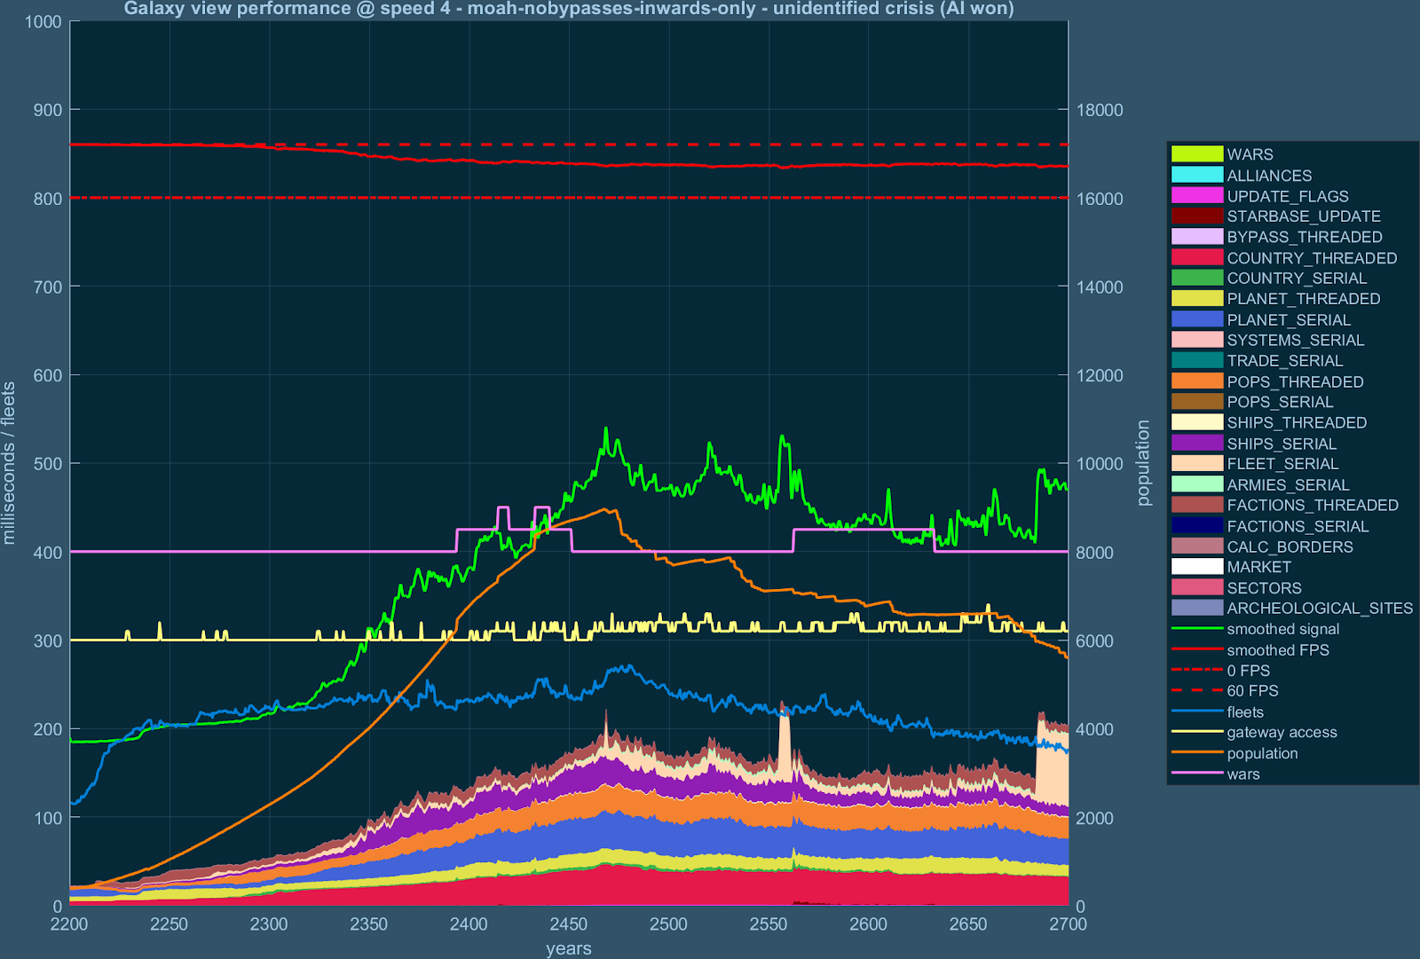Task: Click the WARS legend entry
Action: tap(1250, 154)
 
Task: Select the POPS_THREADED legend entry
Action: tap(1295, 381)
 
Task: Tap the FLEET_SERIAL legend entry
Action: tap(1282, 464)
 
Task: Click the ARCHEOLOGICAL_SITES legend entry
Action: tap(1320, 609)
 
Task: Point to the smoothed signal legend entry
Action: tap(1282, 629)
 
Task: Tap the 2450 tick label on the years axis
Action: tap(568, 924)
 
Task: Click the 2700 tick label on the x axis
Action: tap(1068, 924)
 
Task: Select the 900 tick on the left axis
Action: tap(47, 110)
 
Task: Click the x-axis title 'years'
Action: tap(568, 948)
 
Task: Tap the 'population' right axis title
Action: tap(1143, 463)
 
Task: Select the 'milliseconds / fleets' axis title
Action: tap(10, 463)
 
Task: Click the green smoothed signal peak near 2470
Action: tap(606, 428)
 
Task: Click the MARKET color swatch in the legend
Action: tap(1197, 567)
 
